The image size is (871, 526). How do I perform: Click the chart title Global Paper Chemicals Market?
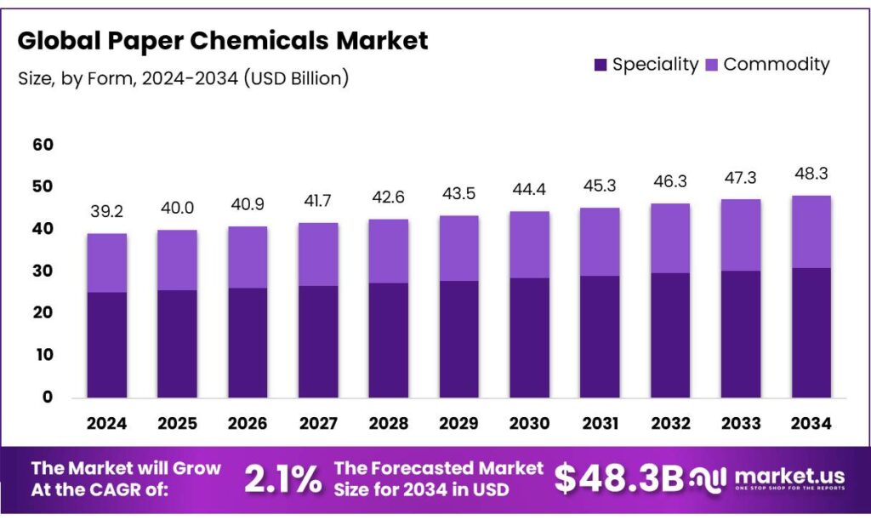click(223, 40)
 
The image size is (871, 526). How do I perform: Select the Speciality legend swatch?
click(601, 65)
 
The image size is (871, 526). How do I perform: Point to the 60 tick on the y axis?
click(43, 146)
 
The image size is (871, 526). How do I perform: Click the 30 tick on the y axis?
click(43, 272)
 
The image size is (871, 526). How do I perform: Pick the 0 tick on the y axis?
click(48, 397)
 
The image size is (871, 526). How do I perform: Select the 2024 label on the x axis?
click(107, 422)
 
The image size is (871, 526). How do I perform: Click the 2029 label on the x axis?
click(460, 422)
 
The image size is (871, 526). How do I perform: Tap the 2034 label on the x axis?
click(811, 422)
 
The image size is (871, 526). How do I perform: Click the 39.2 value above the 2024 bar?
click(107, 212)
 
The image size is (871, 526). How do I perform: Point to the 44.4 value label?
click(530, 190)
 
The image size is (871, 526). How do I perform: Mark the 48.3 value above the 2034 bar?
click(811, 174)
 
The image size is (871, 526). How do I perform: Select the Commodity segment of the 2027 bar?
click(319, 254)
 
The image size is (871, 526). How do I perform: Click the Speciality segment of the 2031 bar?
click(601, 337)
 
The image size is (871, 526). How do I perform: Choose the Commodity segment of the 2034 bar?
click(811, 232)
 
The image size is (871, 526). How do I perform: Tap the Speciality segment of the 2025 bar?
click(178, 344)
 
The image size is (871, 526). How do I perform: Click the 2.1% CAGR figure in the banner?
click(282, 479)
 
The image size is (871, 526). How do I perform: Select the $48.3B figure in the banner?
click(618, 479)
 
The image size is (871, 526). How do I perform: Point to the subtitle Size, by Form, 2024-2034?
click(183, 78)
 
